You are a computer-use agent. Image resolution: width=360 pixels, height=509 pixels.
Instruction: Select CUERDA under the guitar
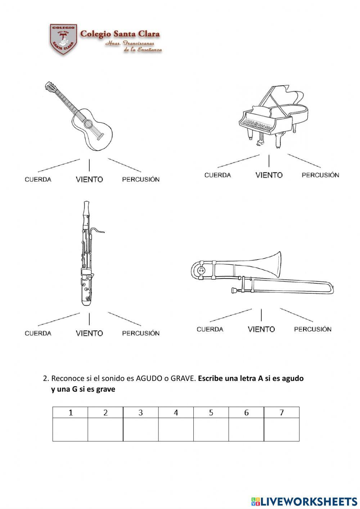pyautogui.click(x=38, y=180)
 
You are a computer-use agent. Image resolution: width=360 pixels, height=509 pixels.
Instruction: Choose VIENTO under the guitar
pyautogui.click(x=89, y=179)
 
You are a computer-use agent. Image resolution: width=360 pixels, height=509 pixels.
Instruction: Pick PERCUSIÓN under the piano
pyautogui.click(x=320, y=175)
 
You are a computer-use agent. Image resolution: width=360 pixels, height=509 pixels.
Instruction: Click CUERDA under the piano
pyautogui.click(x=217, y=175)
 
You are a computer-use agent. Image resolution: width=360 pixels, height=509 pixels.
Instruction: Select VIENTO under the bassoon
pyautogui.click(x=89, y=333)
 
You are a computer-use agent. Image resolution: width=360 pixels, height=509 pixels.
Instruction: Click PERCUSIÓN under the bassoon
pyautogui.click(x=140, y=333)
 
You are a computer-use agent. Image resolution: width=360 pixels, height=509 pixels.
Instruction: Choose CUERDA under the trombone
pyautogui.click(x=210, y=329)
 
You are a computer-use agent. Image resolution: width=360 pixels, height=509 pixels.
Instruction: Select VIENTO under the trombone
pyautogui.click(x=261, y=329)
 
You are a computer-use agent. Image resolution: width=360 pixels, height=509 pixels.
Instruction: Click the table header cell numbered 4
pyautogui.click(x=176, y=413)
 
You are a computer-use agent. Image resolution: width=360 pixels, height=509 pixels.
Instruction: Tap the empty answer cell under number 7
pyautogui.click(x=282, y=429)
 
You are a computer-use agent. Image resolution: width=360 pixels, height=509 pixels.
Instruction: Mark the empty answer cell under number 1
pyautogui.click(x=70, y=429)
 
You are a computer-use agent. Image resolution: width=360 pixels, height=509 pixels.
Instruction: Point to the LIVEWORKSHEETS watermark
pyautogui.click(x=304, y=501)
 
